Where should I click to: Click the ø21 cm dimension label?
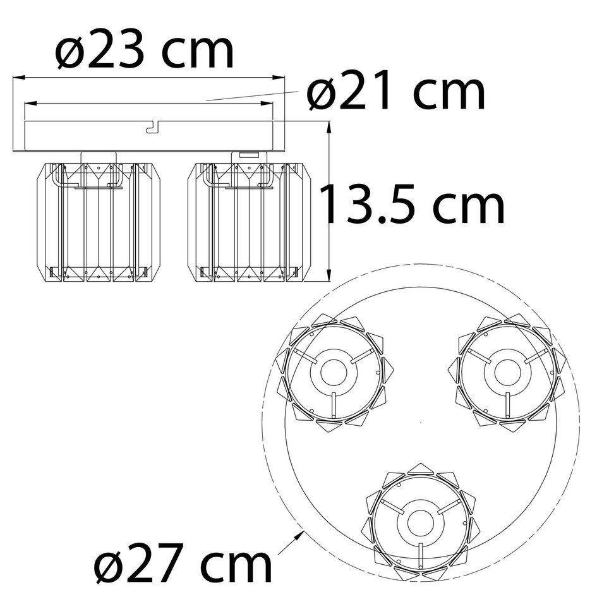(396, 93)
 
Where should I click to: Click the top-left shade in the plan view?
(334, 373)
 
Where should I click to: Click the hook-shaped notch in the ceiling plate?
(152, 128)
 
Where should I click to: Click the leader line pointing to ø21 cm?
(253, 95)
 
